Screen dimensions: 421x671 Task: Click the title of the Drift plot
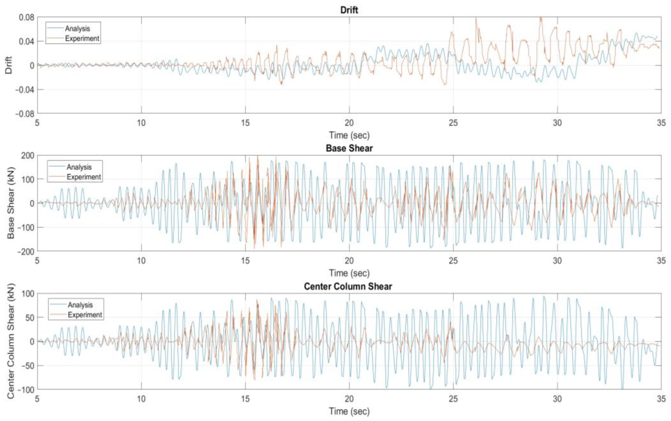click(349, 10)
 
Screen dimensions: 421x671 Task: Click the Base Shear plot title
click(349, 148)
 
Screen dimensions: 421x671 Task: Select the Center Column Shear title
click(348, 286)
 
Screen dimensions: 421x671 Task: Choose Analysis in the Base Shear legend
click(79, 167)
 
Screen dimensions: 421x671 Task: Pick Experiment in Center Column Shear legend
click(85, 315)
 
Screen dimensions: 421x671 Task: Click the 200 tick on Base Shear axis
click(28, 156)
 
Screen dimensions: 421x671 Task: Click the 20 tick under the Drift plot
click(349, 123)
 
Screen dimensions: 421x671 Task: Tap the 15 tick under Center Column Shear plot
click(245, 399)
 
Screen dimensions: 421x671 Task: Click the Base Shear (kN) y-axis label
click(11, 203)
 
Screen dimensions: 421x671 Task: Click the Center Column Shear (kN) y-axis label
click(11, 341)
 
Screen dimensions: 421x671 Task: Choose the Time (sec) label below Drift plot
click(349, 135)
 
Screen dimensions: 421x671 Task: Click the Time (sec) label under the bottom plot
click(349, 411)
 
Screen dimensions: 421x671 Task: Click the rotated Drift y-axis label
click(9, 65)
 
